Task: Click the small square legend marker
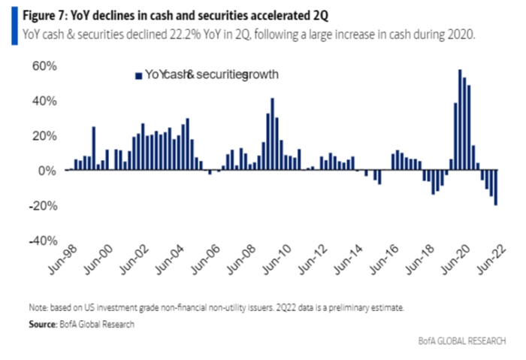(x=138, y=75)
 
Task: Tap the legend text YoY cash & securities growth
(x=207, y=74)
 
